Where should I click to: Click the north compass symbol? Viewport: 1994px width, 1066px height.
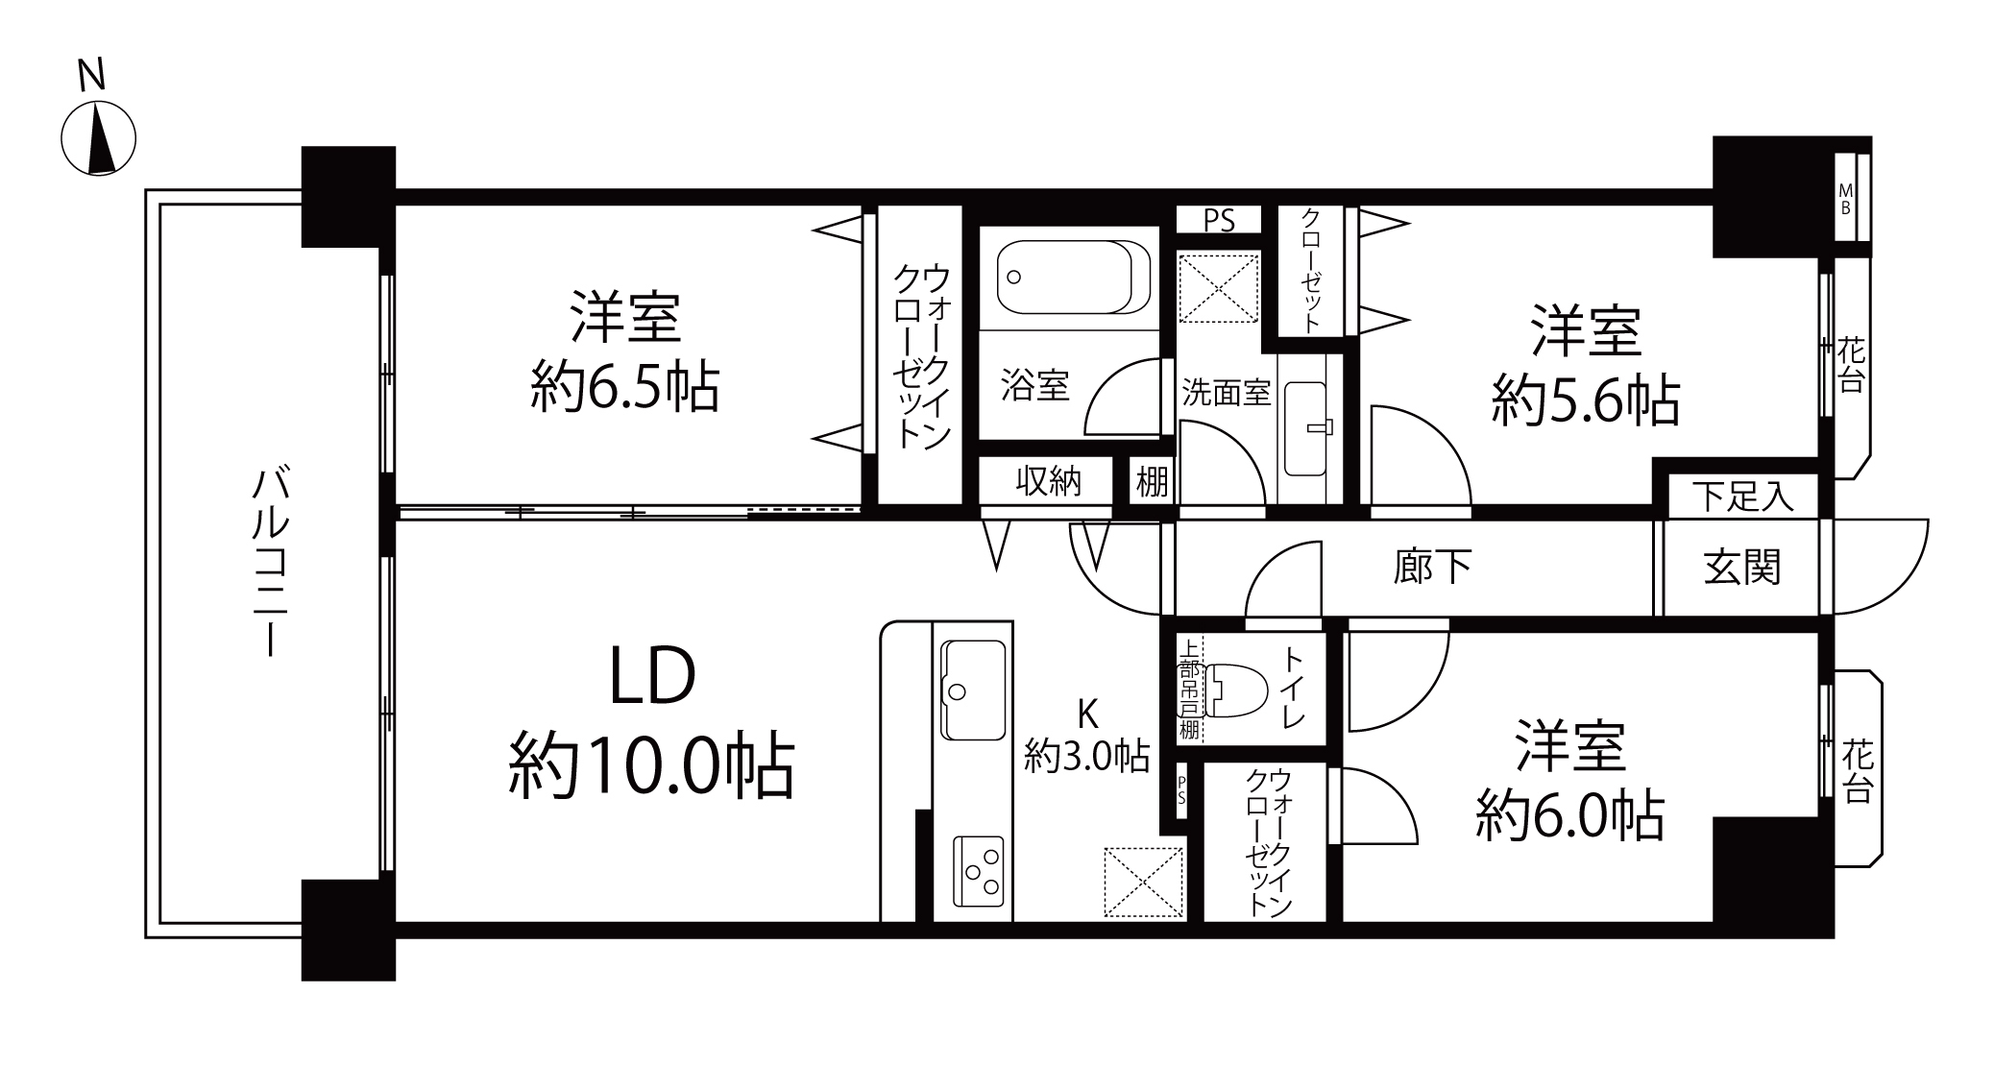tap(98, 138)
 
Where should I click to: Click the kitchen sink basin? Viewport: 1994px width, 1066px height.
tap(973, 690)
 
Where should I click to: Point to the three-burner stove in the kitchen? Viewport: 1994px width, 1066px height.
tap(979, 871)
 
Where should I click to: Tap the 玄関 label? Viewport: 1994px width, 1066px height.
tap(1741, 567)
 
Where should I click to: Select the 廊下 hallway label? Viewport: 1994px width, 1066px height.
tap(1431, 567)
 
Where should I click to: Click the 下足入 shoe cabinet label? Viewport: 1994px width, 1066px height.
tap(1742, 497)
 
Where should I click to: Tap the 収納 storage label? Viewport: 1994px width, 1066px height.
tap(1048, 481)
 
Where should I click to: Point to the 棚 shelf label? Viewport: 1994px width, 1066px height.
tap(1152, 481)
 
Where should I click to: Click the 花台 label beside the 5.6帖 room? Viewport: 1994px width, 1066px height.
tap(1851, 364)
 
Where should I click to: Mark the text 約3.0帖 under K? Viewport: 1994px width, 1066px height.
tap(1086, 756)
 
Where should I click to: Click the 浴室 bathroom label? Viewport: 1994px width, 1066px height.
tap(1034, 385)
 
